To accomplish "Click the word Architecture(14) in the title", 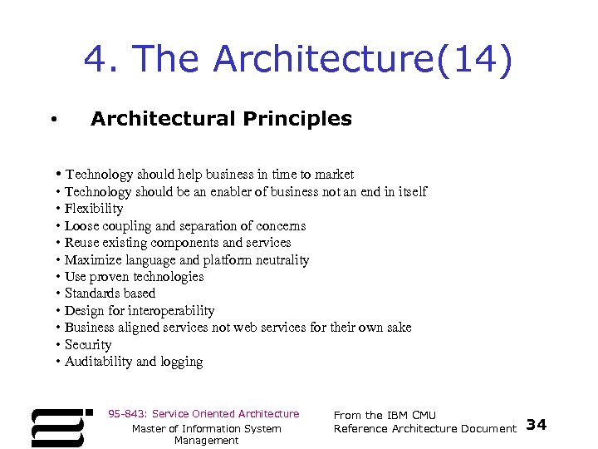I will point(363,60).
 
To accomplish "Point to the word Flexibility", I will point(94,209).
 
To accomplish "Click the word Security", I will point(88,345).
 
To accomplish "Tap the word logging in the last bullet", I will point(181,362).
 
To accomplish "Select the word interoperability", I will point(171,311).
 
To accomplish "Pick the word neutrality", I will point(282,260).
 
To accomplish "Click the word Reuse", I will point(83,243).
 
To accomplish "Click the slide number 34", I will point(537,425).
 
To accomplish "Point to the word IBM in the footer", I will point(397,415).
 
